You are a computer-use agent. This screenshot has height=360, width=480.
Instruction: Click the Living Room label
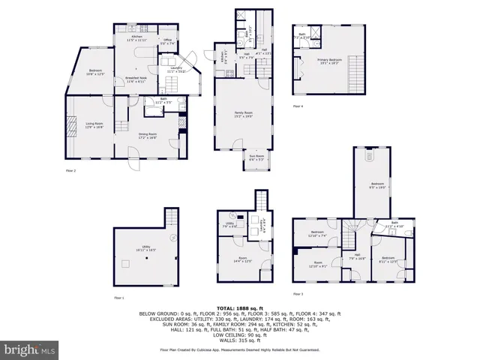pos(94,126)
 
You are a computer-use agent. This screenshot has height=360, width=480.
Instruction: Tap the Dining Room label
pos(146,136)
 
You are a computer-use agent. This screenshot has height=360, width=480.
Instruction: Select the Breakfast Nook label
pos(135,79)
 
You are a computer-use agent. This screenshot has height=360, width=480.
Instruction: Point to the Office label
pos(169,42)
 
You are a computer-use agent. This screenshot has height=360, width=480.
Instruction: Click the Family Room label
pos(244,114)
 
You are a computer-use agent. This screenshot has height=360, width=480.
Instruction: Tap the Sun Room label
pos(256,158)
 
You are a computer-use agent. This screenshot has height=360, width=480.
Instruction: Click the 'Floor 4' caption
pos(298,106)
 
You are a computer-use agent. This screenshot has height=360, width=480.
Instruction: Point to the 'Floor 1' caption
pos(118,298)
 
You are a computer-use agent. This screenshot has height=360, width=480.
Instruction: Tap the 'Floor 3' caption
pos(298,293)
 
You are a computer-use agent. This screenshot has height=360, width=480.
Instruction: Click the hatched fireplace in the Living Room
pos(73,125)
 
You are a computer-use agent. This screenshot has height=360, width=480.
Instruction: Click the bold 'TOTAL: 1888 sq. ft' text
pos(240,308)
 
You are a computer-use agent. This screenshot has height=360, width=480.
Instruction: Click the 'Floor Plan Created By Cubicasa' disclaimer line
pos(240,349)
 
